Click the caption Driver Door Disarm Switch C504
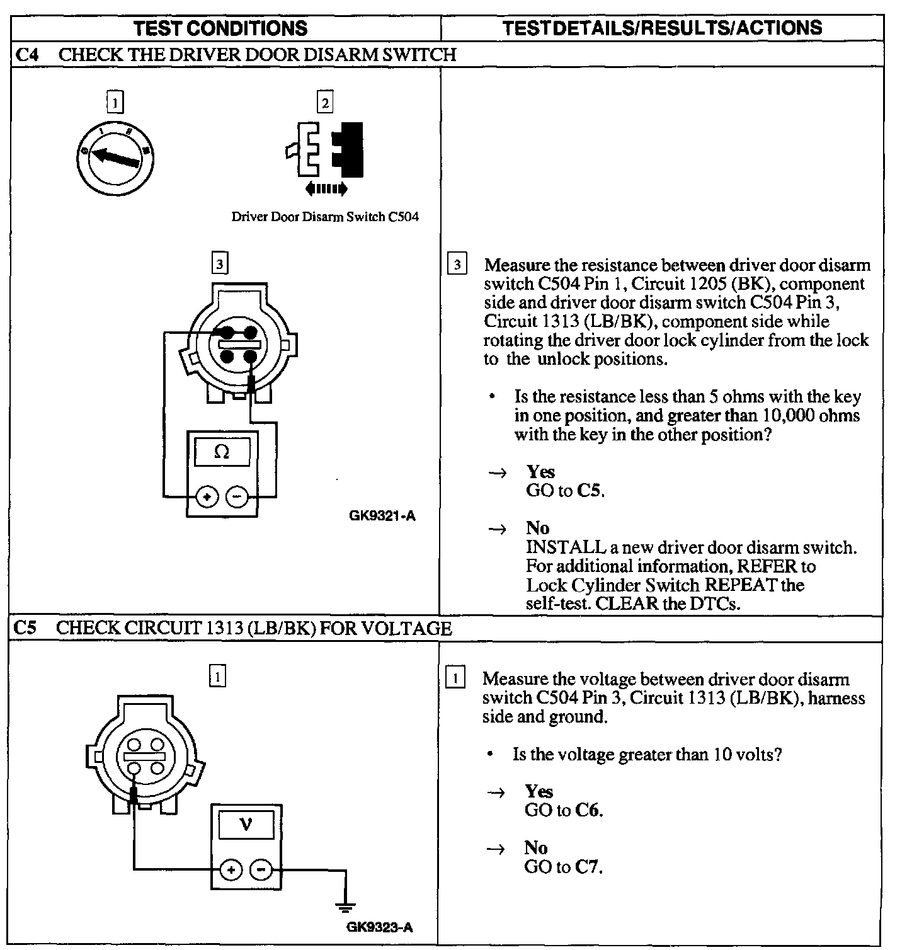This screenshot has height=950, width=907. coord(325,217)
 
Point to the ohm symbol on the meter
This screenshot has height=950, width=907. coord(222,452)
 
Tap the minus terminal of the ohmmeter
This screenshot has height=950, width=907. coord(237,497)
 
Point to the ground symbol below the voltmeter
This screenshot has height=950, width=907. coord(345,907)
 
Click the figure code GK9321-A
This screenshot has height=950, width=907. coord(382,516)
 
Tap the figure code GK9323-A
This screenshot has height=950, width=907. coord(380,927)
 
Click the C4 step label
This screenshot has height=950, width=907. coord(26,55)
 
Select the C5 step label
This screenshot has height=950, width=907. coord(26,628)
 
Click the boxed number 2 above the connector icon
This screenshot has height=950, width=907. coord(325,103)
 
